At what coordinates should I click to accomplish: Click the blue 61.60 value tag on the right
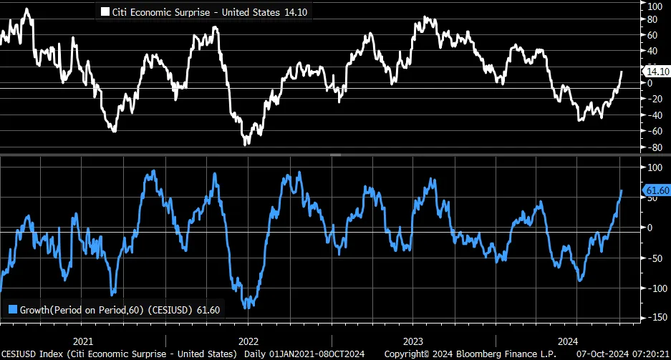point(656,190)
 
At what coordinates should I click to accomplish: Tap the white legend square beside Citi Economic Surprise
point(106,12)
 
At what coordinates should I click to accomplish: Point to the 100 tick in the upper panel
point(653,6)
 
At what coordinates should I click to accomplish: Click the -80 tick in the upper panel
point(653,147)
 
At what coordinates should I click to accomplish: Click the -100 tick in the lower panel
point(655,288)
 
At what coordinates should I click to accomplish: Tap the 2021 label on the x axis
point(83,341)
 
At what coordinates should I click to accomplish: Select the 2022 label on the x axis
point(248,341)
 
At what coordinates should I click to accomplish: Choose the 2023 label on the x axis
point(414,341)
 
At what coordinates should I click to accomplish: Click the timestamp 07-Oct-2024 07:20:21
point(624,354)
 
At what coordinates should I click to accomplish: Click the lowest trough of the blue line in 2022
point(246,308)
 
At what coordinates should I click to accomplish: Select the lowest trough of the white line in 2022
point(246,144)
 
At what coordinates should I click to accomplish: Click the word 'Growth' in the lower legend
point(35,309)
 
